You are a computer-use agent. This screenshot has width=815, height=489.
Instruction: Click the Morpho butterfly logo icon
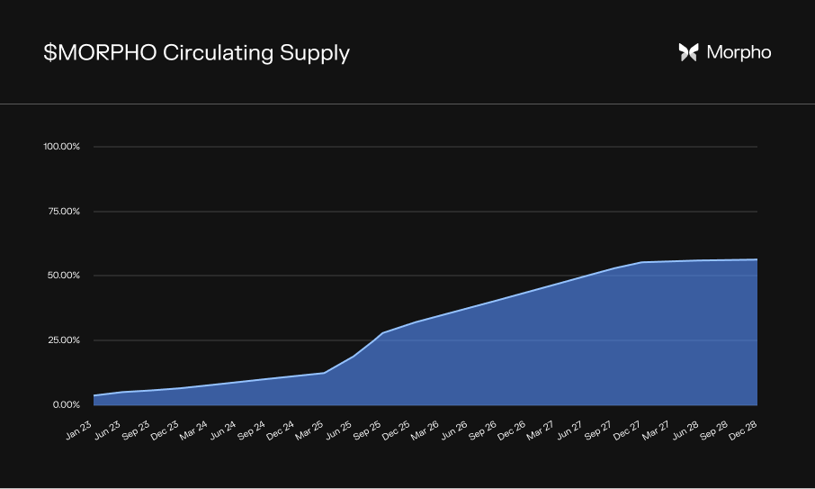688,52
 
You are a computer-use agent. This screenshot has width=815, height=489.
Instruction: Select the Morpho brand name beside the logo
739,52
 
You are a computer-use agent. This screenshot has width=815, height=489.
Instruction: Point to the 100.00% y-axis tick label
62,147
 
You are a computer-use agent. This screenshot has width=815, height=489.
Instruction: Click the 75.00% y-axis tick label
63,212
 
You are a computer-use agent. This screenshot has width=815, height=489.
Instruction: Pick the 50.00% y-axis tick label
63,276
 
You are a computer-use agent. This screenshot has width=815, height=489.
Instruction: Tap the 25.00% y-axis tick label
63,340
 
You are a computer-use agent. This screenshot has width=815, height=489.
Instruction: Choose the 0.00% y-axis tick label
65,405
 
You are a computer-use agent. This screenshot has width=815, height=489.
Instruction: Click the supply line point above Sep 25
383,333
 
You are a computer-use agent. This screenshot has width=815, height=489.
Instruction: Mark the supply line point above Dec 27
642,262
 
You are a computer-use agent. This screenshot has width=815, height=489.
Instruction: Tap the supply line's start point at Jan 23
94,395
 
